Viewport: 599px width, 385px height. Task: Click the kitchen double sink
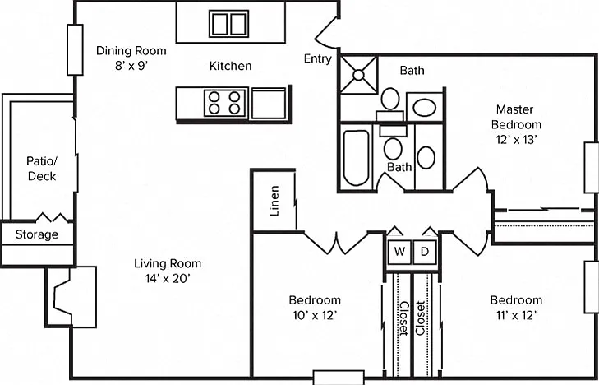click(x=228, y=24)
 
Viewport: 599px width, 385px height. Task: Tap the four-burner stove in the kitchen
click(x=224, y=103)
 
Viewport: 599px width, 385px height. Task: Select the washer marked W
click(x=399, y=252)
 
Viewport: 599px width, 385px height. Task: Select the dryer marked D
click(x=425, y=252)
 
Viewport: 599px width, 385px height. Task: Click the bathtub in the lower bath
click(x=356, y=157)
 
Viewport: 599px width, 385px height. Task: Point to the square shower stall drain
click(x=358, y=75)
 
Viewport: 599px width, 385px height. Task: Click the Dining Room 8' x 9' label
click(x=131, y=58)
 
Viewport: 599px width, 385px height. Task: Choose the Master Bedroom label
click(x=516, y=117)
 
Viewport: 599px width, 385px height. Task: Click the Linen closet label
click(x=274, y=201)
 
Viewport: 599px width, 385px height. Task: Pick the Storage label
click(x=37, y=234)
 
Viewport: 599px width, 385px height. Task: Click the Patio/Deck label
click(x=42, y=168)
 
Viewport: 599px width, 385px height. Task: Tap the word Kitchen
click(x=231, y=66)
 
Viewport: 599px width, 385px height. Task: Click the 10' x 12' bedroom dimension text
click(x=315, y=316)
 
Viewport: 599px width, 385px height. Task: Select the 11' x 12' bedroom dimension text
click(x=516, y=316)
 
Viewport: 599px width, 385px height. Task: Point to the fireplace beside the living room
click(x=71, y=297)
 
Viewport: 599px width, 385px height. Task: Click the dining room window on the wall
click(x=75, y=49)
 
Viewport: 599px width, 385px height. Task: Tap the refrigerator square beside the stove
click(x=269, y=103)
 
